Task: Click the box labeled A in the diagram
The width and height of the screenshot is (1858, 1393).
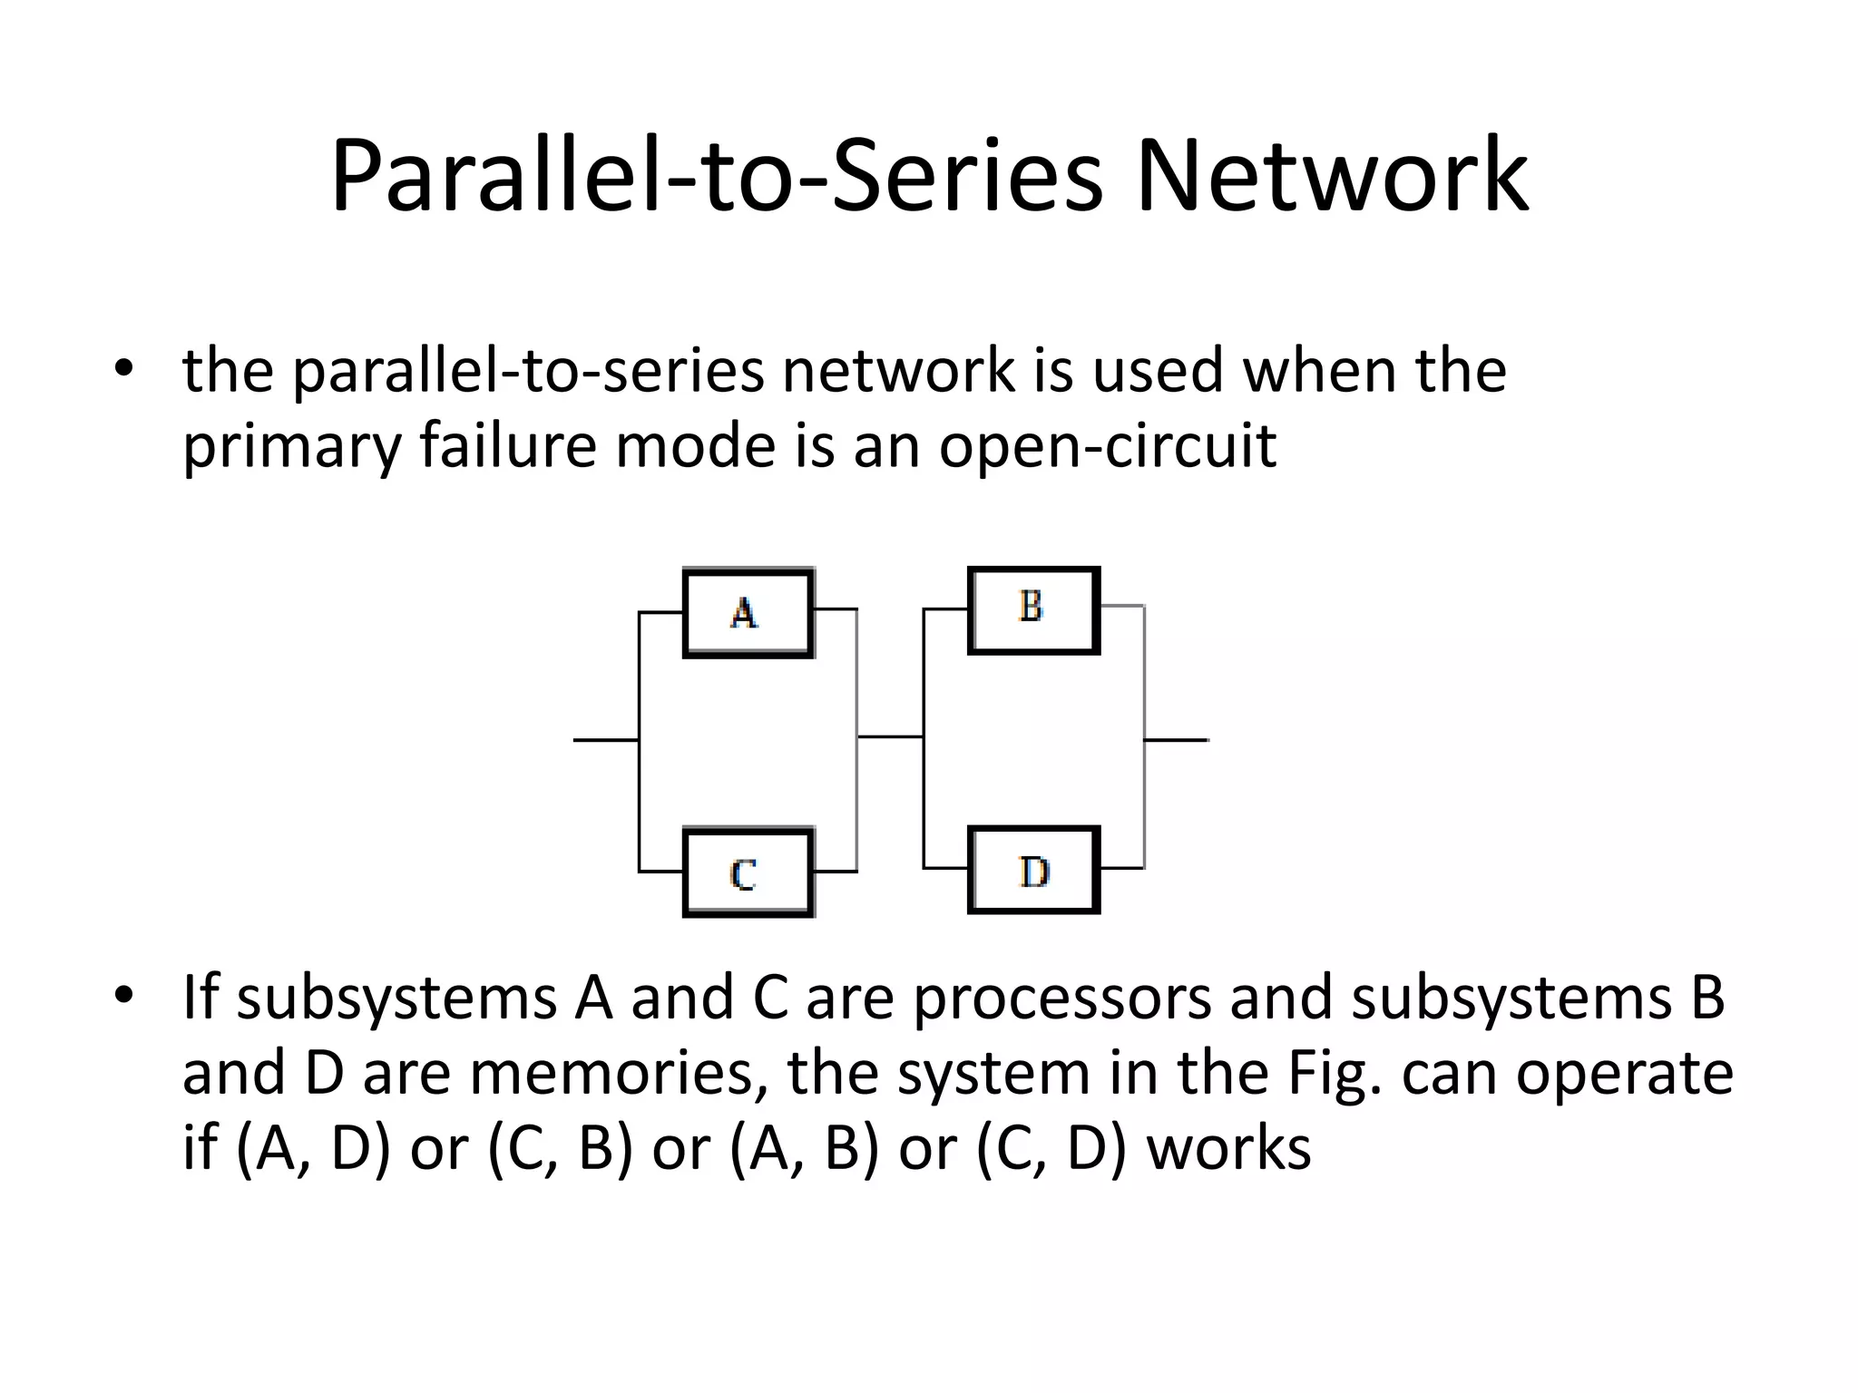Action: tap(748, 612)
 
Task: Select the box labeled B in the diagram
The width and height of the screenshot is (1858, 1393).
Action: tap(1033, 609)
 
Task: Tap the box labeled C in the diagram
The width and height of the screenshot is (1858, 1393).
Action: tap(748, 872)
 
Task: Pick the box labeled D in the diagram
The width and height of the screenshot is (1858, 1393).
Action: tap(1033, 870)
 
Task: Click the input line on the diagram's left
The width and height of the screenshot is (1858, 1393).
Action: tap(605, 740)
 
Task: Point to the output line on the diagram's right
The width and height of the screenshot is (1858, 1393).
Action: tap(1177, 740)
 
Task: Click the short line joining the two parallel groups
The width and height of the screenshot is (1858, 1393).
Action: tap(890, 737)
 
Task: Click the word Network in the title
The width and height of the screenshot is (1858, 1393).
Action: tap(1332, 176)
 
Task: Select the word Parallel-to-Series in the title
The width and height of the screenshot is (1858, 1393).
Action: tap(717, 176)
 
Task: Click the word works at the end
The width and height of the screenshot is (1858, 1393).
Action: tap(1228, 1148)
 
